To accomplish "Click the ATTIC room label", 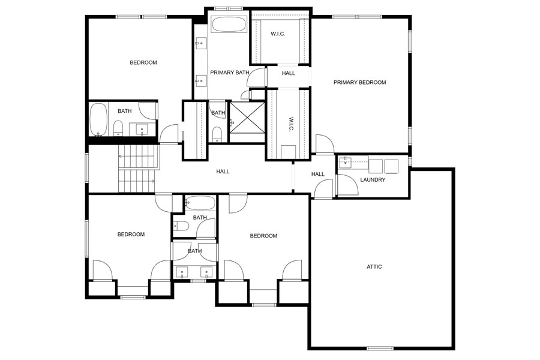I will [x=374, y=266].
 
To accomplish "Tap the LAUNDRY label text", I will [x=373, y=180].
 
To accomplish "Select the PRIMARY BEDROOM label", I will [x=359, y=83].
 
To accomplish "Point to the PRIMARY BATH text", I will [x=229, y=73].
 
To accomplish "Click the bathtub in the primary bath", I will [x=229, y=25].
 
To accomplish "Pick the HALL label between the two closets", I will [x=289, y=73].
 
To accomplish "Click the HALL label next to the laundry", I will [x=317, y=175].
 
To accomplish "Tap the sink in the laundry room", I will [x=347, y=163].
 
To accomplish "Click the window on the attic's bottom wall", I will [x=380, y=348].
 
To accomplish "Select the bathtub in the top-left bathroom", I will [x=98, y=120].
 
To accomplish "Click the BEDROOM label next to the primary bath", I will [x=143, y=63].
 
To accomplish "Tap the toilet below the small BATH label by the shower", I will [x=217, y=134].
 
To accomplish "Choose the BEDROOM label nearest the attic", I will [x=263, y=236].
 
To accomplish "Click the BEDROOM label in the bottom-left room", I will [x=131, y=235].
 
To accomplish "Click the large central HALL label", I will [x=223, y=172].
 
